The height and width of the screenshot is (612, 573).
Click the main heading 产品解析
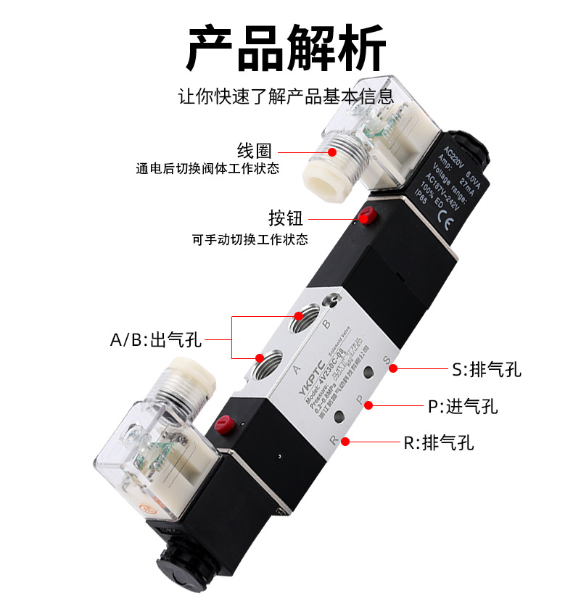(286, 49)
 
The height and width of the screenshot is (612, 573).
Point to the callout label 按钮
(285, 218)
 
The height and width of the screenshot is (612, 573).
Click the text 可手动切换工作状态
(250, 239)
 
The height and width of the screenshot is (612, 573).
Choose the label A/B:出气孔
(155, 339)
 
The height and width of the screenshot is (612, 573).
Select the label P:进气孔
(462, 407)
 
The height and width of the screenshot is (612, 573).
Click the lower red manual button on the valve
(226, 422)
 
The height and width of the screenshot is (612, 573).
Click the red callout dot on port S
(392, 368)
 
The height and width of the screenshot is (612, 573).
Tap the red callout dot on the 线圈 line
(332, 152)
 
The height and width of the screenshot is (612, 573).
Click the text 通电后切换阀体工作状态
(207, 170)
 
